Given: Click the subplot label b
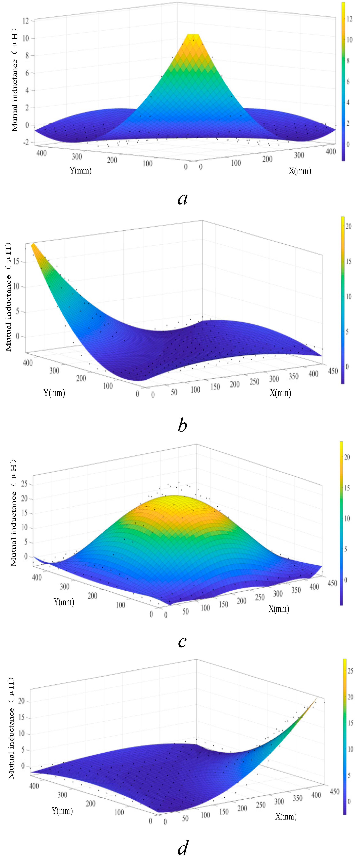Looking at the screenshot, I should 182,425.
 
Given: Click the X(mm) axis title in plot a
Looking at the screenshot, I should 300,171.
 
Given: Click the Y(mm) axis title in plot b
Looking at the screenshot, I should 54,393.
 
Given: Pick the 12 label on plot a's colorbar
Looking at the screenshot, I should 349,19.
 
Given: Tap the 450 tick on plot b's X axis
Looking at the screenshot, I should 333,371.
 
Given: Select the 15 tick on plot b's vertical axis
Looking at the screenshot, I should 16,261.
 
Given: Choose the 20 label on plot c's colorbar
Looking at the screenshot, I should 347,457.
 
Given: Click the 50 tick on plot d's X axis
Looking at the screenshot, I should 185,818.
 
